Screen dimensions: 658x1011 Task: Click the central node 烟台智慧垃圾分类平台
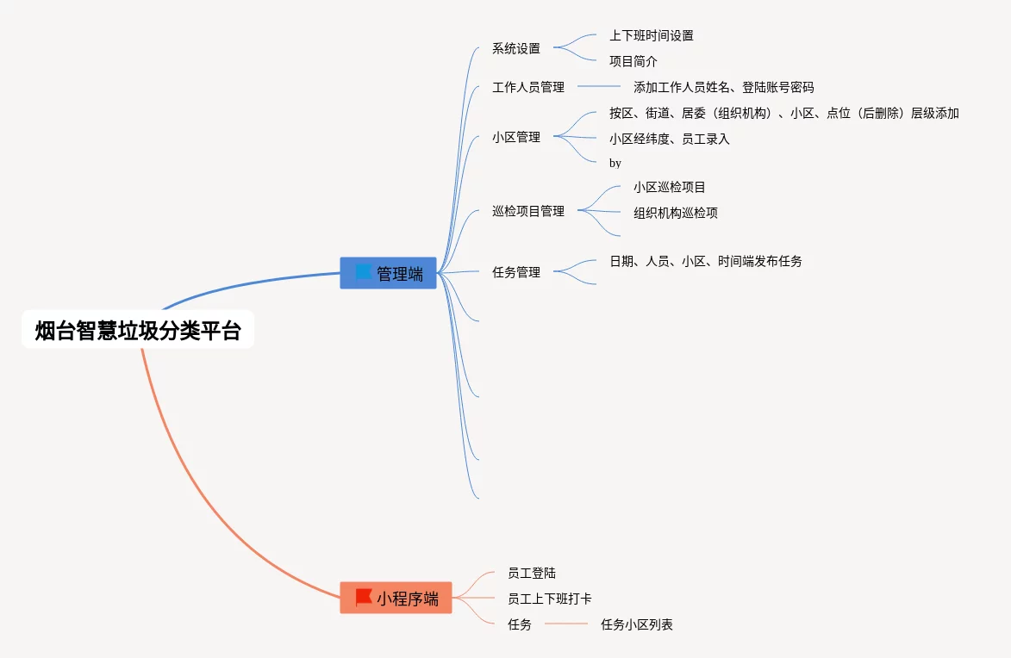[x=138, y=330]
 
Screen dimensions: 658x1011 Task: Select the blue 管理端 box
[x=388, y=273]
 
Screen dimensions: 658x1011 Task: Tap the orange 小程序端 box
[x=396, y=598]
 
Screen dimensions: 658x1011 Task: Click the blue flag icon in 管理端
[x=364, y=272]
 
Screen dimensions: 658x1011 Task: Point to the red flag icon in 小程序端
[x=364, y=597]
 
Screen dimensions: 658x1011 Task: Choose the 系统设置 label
[x=516, y=48]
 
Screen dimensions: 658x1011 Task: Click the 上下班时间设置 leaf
[x=652, y=35]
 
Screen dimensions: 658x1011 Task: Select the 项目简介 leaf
[x=633, y=61]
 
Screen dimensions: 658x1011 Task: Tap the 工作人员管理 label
[x=528, y=87]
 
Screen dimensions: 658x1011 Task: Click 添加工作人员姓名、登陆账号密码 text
[x=724, y=87]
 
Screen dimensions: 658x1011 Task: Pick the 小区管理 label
[x=516, y=136]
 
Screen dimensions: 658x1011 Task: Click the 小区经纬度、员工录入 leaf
[x=670, y=139]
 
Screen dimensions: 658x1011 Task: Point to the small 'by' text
[x=615, y=163]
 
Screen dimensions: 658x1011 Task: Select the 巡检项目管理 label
[x=528, y=211]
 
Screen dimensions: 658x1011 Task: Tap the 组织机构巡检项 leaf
[x=676, y=213]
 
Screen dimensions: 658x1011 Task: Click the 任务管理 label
[x=516, y=272]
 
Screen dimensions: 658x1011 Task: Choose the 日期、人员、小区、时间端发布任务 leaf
[x=706, y=261]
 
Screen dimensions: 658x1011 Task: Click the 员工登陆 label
[x=532, y=573]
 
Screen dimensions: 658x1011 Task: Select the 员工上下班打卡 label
[x=550, y=599]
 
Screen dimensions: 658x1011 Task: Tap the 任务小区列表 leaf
[x=637, y=624]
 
